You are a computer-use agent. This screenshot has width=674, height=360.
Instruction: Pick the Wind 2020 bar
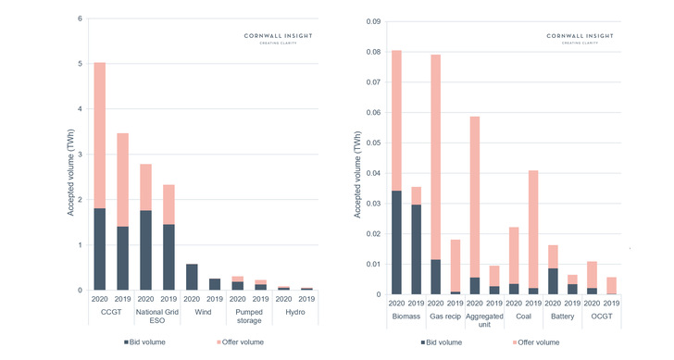192,277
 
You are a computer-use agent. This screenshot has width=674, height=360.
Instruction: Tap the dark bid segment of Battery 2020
554,281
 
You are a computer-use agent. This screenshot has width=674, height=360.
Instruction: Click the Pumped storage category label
247,318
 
